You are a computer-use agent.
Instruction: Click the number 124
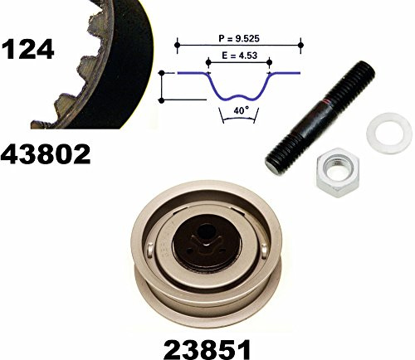[x=27, y=49]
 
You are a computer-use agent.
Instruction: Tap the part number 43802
[x=46, y=154]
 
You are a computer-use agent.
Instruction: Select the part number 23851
[x=207, y=349]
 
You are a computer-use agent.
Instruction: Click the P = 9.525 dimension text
[x=239, y=38]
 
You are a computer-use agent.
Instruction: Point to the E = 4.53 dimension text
[x=239, y=56]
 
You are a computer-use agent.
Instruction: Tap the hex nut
[x=338, y=173]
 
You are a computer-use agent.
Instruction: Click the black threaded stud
[x=320, y=118]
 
